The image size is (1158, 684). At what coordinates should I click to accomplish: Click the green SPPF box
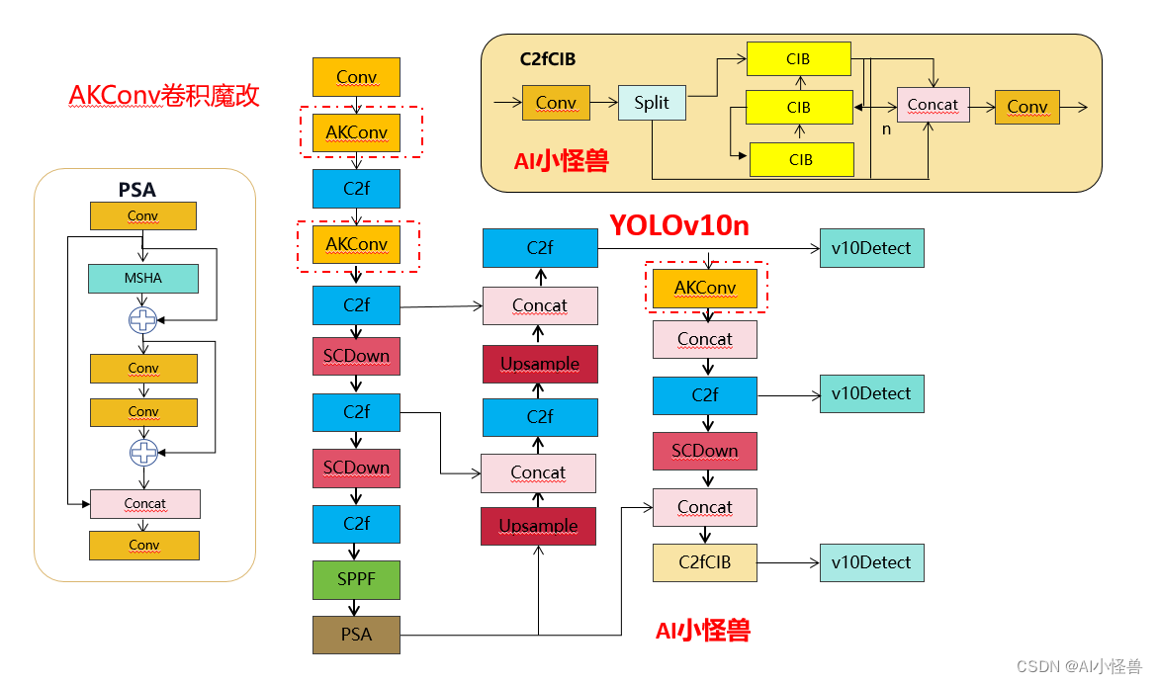(356, 579)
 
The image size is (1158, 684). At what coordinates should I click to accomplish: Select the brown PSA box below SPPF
(356, 634)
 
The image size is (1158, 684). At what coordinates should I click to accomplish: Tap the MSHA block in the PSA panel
(143, 279)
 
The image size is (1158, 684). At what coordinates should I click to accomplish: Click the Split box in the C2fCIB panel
(652, 103)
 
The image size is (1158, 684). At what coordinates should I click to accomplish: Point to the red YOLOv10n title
(678, 225)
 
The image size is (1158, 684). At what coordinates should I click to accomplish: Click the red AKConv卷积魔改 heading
(164, 95)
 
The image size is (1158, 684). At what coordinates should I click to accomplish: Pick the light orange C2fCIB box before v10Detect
(704, 562)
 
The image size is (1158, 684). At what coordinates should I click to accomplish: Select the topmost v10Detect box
(871, 248)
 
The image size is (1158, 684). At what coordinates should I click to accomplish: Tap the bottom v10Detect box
(871, 562)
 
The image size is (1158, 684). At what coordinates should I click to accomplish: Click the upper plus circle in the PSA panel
(143, 319)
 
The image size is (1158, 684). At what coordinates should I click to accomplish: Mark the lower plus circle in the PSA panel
(143, 452)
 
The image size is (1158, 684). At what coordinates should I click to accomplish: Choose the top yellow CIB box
(798, 59)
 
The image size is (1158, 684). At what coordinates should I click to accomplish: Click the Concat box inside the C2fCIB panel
(933, 105)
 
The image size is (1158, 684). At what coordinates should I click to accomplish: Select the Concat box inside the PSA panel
(144, 504)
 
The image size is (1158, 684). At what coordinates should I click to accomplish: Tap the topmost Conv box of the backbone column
(356, 77)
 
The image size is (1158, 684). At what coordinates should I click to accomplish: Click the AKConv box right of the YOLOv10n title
(704, 288)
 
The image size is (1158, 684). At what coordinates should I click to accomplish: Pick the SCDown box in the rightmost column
(704, 451)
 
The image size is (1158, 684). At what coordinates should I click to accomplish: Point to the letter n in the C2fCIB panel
(886, 128)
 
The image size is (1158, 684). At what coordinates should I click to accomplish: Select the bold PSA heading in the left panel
(136, 189)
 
